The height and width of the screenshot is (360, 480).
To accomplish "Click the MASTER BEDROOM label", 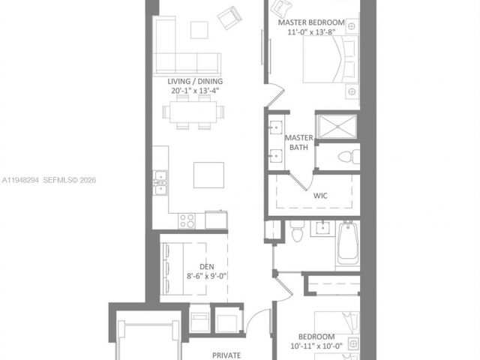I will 311,23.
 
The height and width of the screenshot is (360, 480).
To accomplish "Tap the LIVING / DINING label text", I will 194,81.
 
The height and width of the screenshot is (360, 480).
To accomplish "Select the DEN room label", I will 207,266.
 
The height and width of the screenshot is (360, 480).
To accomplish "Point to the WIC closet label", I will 321,196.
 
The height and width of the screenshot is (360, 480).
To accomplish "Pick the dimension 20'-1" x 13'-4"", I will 194,91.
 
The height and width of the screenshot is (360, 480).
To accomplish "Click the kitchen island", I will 208,175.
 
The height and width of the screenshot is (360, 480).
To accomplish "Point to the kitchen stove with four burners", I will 187,221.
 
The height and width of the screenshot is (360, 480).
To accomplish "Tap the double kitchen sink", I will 160,182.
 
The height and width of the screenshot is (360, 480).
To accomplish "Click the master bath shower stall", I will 337,126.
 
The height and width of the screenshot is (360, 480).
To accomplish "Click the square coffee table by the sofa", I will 198,29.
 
